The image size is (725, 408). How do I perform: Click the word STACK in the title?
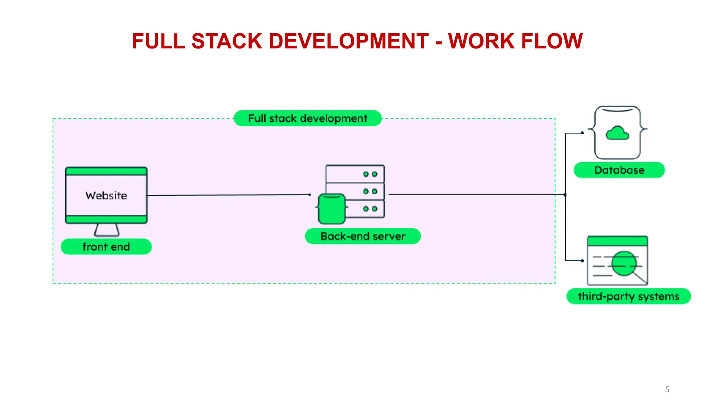coord(227,41)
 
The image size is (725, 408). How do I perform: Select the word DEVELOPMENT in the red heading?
coord(349,41)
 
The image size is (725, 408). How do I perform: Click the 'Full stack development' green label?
coord(308,118)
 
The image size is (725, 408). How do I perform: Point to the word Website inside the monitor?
coord(106,195)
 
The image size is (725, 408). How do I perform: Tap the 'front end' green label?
coord(106,247)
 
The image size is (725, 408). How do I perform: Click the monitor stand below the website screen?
coord(107,230)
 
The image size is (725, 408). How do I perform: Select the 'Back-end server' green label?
coord(363,236)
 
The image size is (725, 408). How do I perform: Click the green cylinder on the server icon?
coord(332,209)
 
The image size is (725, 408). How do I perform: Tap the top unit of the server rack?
coord(355,174)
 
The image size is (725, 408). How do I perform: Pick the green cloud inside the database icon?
coord(617,134)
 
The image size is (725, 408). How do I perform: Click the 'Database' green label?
coord(619,170)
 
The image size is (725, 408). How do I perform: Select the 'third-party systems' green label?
coord(628,296)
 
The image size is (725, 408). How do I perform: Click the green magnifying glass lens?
coord(624,263)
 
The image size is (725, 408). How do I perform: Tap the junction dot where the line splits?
coord(565,195)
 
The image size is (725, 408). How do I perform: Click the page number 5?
coord(667,390)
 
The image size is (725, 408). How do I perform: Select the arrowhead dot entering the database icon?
coord(582,133)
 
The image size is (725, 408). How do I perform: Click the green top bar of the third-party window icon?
coord(617,241)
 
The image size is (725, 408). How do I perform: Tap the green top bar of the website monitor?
coord(106,171)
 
